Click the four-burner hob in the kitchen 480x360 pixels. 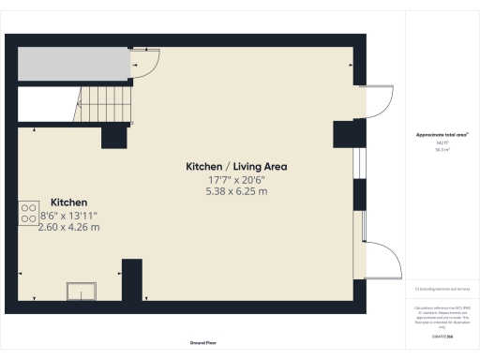point(27,214)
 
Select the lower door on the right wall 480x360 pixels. point(380,258)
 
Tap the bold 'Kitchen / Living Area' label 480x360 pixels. point(235,166)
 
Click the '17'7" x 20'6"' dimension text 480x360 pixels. point(235,179)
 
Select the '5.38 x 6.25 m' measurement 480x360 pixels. point(235,191)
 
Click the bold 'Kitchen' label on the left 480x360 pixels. point(68,202)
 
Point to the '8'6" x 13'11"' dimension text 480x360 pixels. point(68,216)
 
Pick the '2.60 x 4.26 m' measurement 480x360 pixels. point(68,228)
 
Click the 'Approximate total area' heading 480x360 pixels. point(442,135)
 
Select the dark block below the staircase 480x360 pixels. point(114,136)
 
